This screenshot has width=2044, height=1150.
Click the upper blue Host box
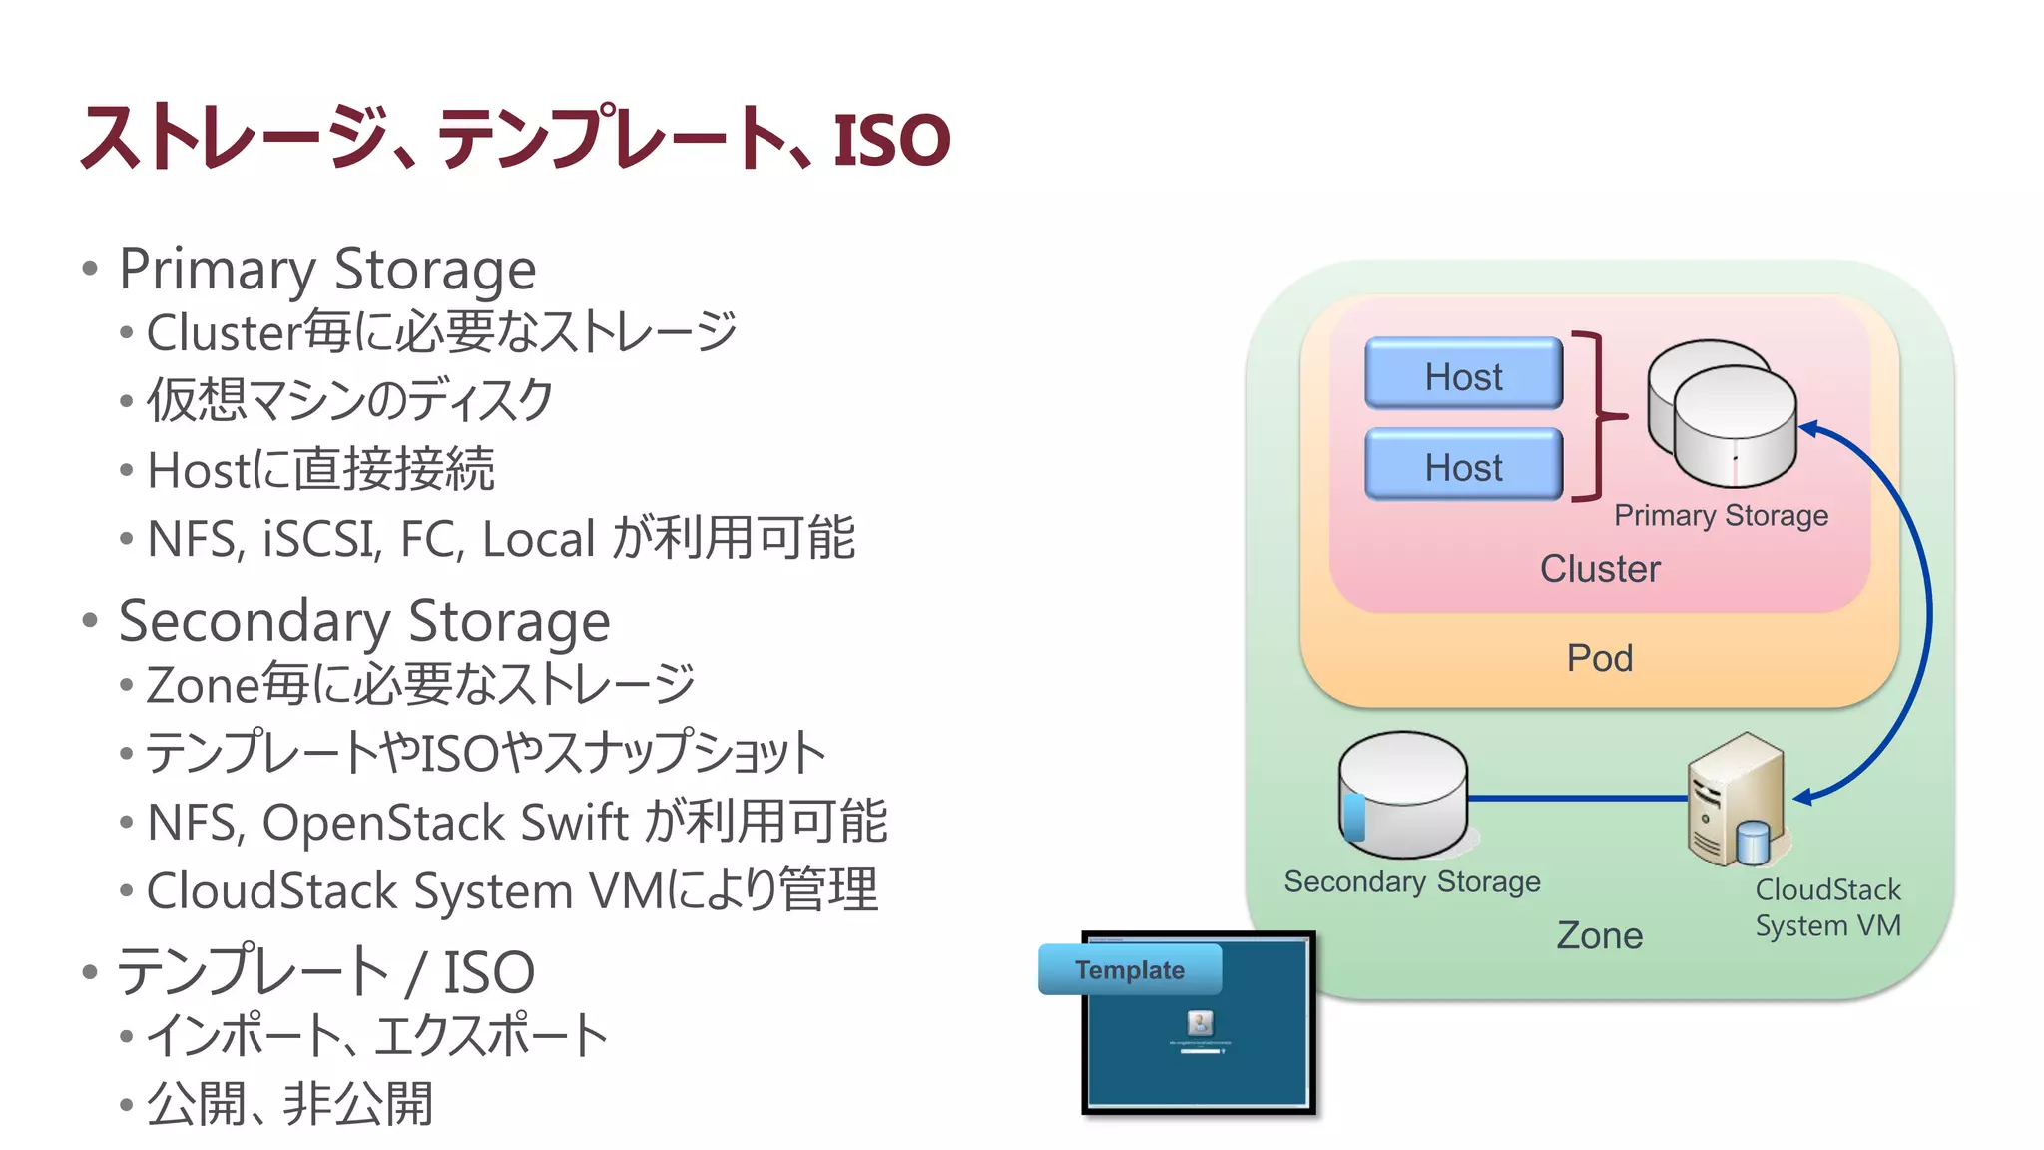(x=1463, y=374)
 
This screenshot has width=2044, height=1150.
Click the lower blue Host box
(x=1463, y=465)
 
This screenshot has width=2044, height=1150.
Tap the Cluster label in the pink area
(x=1599, y=569)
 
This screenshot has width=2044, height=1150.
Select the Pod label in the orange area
(x=1599, y=658)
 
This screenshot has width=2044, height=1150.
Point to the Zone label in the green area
(x=1599, y=935)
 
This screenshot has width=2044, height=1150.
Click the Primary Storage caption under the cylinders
(x=1721, y=515)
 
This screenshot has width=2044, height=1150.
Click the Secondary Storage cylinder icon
(x=1402, y=795)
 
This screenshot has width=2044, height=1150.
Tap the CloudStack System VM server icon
(x=1735, y=799)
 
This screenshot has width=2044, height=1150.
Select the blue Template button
(x=1129, y=969)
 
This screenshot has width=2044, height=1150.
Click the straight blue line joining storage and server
(x=1577, y=798)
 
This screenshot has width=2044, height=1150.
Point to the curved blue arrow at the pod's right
(x=1926, y=609)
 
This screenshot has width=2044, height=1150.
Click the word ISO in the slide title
(x=891, y=140)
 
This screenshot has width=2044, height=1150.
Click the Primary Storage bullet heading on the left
(x=327, y=269)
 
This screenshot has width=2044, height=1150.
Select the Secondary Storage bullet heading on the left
(x=364, y=621)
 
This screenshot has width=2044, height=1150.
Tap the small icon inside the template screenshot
(x=1200, y=1022)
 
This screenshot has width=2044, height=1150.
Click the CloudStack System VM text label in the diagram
(x=1827, y=907)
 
